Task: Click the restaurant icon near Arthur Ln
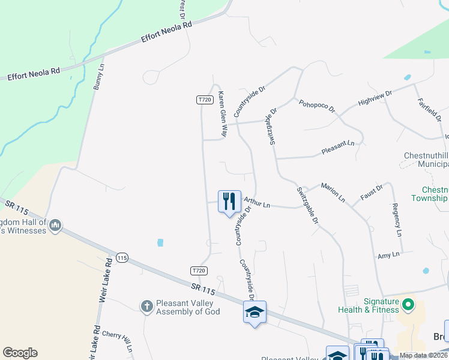pos(229,202)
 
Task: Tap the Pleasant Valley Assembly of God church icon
pos(146,307)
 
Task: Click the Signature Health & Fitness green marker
pos(409,305)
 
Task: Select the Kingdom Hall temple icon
pos(55,226)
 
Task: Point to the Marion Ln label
pos(333,191)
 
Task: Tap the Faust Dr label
pos(371,192)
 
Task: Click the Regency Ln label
pos(397,220)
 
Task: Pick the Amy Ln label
pos(388,256)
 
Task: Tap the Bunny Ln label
pos(98,77)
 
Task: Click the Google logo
pos(20,353)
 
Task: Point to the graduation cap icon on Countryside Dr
pos(255,312)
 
